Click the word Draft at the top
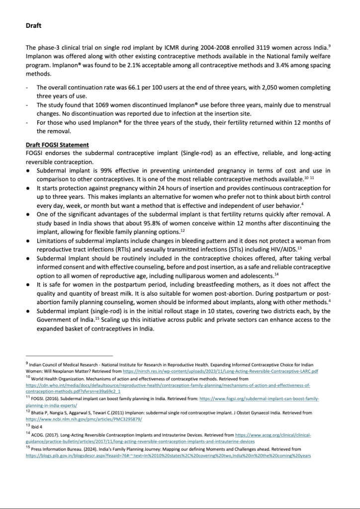tap(34, 25)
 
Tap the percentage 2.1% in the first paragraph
tap(131, 65)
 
